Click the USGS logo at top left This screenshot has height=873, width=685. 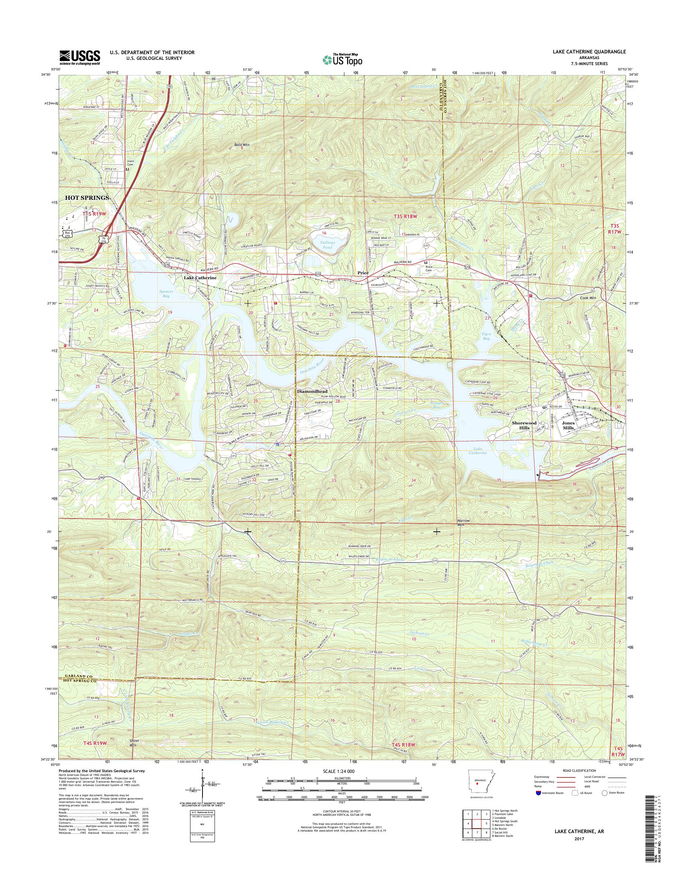coord(80,57)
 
